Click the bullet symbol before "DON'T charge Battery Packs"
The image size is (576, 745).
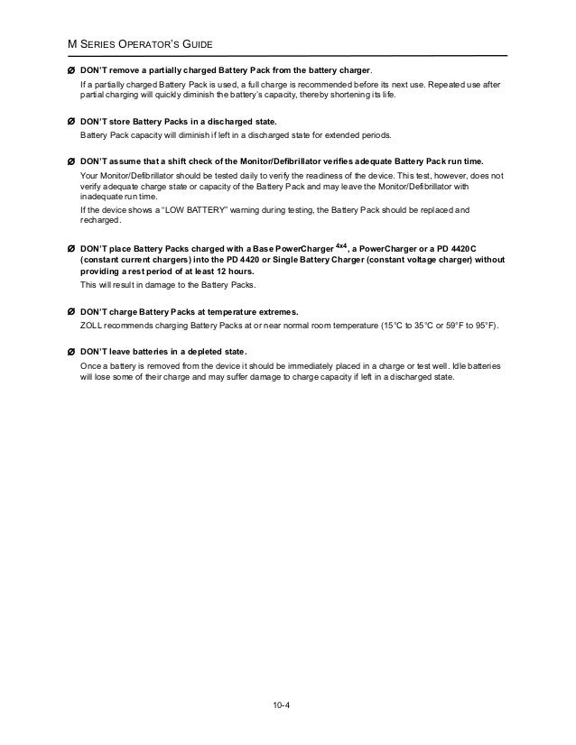70,312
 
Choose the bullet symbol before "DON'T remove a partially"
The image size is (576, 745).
70,71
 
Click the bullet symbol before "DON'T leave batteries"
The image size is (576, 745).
70,351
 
